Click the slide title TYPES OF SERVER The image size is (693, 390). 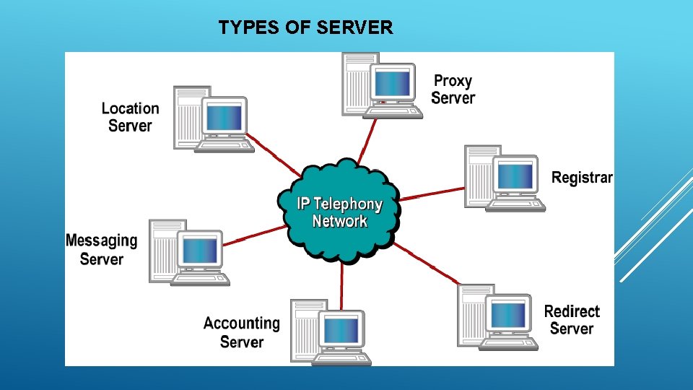point(305,28)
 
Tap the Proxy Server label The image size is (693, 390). point(453,90)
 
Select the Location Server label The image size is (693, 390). point(130,117)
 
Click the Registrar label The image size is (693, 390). point(582,178)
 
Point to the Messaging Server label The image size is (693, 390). point(101,249)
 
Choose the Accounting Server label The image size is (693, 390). point(241,332)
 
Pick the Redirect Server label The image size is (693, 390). point(572,319)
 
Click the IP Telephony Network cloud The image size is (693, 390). point(339,211)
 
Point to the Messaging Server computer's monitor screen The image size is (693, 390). point(199,250)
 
